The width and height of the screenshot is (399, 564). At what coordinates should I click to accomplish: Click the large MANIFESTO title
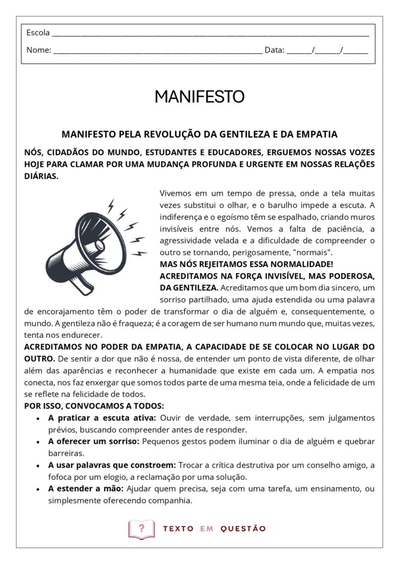[x=199, y=97]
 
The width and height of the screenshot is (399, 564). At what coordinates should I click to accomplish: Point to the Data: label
[x=274, y=50]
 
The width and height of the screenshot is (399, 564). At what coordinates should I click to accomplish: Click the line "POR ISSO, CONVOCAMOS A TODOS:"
[x=94, y=406]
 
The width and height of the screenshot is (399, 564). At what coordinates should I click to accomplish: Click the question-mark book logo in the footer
[x=141, y=529]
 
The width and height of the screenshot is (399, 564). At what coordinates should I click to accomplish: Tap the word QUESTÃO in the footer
[x=243, y=529]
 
